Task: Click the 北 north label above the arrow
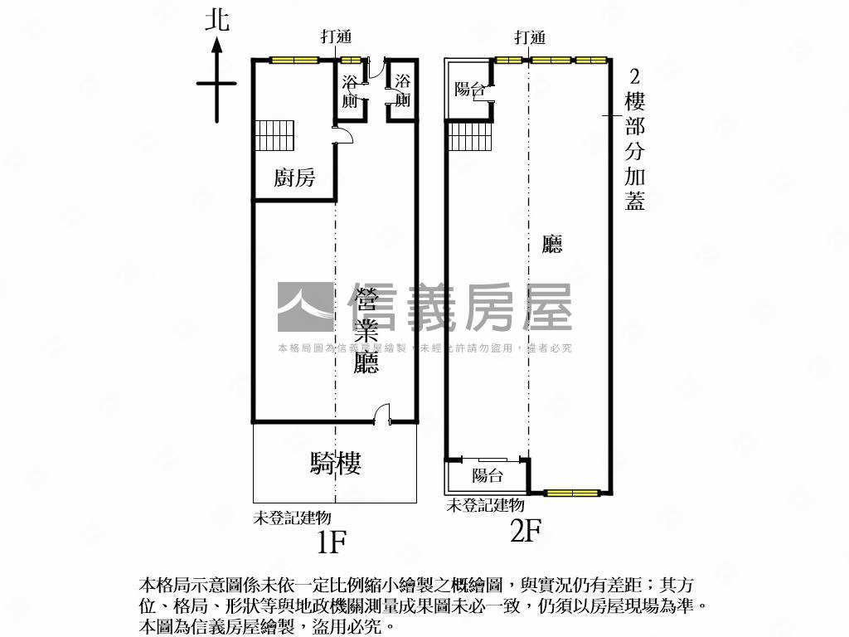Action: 217,21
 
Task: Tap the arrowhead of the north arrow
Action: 217,45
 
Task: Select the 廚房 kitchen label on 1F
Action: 294,177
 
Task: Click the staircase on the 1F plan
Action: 275,135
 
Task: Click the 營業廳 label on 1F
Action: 366,330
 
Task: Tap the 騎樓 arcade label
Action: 336,463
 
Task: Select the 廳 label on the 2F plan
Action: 551,244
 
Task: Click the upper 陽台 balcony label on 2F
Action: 469,88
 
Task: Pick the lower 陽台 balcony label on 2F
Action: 488,475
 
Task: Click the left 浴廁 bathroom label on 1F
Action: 350,91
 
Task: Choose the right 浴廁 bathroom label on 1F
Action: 402,90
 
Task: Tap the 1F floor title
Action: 331,541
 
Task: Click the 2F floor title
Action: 526,530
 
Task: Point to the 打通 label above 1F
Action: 337,36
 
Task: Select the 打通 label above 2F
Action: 530,37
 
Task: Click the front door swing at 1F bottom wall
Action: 381,413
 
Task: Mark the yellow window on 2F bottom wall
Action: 572,493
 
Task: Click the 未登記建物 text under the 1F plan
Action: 293,518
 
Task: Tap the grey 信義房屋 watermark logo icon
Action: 305,307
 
